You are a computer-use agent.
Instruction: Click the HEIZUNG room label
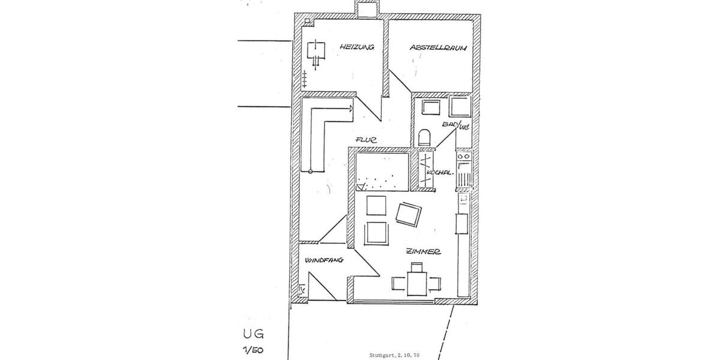pyautogui.click(x=356, y=47)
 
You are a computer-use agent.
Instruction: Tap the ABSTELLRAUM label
pyautogui.click(x=438, y=47)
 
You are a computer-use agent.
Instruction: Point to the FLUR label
pyautogui.click(x=365, y=139)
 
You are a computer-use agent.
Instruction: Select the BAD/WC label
pyautogui.click(x=455, y=125)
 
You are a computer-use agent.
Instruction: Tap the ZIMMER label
pyautogui.click(x=423, y=252)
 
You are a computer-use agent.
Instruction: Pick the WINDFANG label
pyautogui.click(x=323, y=260)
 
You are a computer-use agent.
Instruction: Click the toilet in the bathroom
pyautogui.click(x=425, y=137)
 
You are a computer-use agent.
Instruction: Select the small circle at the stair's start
pyautogui.click(x=311, y=172)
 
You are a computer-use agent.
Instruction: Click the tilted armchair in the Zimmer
pyautogui.click(x=409, y=214)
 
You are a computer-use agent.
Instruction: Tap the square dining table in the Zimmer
pyautogui.click(x=416, y=283)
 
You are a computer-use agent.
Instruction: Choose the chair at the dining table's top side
pyautogui.click(x=416, y=267)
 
